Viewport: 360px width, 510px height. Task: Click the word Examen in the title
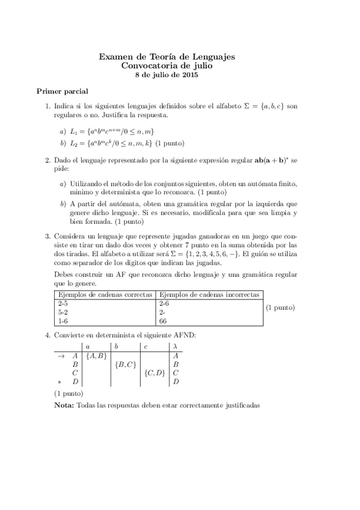point(114,57)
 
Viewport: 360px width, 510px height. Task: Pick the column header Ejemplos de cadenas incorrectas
point(209,295)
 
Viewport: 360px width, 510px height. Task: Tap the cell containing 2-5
point(63,304)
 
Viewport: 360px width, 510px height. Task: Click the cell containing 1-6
point(63,321)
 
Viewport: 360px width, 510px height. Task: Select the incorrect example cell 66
point(163,321)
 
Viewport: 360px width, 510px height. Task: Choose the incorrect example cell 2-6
point(165,304)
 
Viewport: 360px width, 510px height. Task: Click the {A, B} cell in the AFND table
point(96,355)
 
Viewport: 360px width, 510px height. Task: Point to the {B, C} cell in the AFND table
point(126,364)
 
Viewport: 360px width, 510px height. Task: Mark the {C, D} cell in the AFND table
point(155,373)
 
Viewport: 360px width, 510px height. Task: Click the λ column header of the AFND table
point(175,346)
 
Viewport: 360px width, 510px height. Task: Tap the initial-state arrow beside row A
point(61,355)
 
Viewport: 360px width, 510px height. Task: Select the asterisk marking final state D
point(59,382)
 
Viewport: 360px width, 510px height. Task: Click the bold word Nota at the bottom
point(64,405)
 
